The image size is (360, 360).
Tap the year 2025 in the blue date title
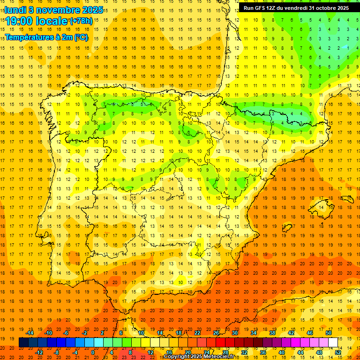pos(81,9)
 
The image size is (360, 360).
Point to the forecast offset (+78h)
pos(81,21)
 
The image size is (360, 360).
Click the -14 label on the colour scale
pos(30,333)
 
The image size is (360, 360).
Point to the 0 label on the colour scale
pos(93,352)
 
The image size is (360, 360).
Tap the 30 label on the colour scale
pos(235,333)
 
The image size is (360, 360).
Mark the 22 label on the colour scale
pos(197,333)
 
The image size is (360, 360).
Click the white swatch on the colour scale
pos(333,343)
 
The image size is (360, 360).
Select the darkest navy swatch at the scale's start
pos(23,343)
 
